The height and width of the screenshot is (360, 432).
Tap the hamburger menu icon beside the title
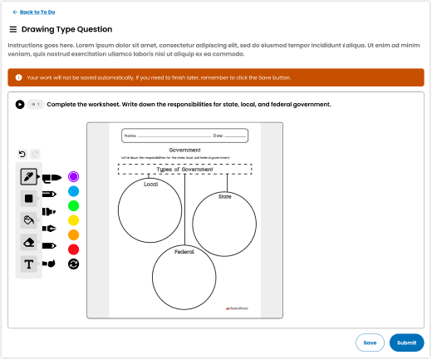tap(12, 28)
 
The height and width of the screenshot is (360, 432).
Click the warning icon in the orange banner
tap(18, 77)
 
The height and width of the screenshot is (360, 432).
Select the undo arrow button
tap(22, 154)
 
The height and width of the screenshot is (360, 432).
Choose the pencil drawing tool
tap(29, 177)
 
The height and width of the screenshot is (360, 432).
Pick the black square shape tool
tap(29, 199)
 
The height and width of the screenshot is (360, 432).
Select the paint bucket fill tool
tap(29, 220)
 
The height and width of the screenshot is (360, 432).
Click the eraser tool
tap(29, 242)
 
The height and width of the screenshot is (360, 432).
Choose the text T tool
tap(29, 264)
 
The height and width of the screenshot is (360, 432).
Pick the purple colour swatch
tap(73, 177)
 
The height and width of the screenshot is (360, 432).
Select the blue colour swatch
tap(73, 191)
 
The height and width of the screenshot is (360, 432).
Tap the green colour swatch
tap(73, 205)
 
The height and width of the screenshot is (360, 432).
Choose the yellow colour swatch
tap(73, 220)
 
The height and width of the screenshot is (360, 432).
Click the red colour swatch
tap(73, 249)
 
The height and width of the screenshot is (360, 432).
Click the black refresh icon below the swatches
tap(73, 264)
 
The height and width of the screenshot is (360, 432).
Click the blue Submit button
tap(406, 343)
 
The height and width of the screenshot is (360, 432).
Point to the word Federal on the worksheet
tap(184, 251)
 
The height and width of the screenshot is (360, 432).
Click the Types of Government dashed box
tap(184, 169)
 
